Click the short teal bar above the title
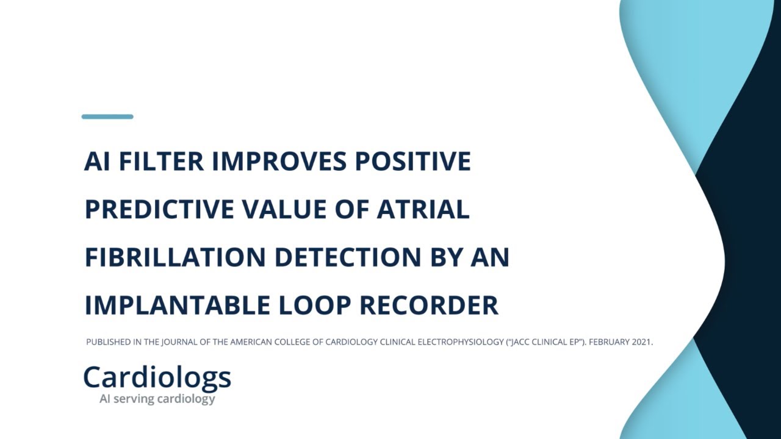[x=107, y=116]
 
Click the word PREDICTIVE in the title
[x=159, y=209]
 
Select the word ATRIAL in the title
[x=423, y=209]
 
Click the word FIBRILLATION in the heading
[x=175, y=257]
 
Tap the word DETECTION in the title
[x=348, y=257]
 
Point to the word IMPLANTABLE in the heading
[x=177, y=305]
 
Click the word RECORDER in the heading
[x=429, y=305]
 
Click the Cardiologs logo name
[x=157, y=378]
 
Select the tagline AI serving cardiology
[x=157, y=399]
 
